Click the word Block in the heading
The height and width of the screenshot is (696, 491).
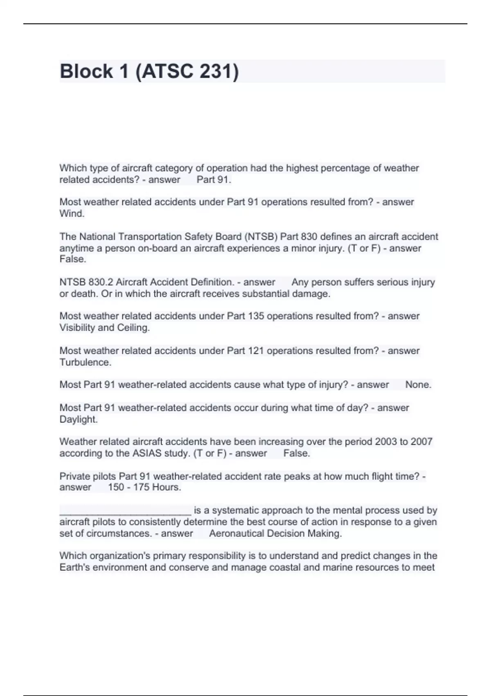click(86, 71)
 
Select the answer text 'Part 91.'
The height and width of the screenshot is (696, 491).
click(214, 180)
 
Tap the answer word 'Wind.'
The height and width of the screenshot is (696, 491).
click(72, 214)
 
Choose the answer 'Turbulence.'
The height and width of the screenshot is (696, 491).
click(86, 362)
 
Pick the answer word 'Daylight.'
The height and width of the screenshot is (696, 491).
click(79, 419)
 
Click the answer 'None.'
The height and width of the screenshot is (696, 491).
click(418, 385)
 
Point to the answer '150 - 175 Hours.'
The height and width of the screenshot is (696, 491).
click(144, 487)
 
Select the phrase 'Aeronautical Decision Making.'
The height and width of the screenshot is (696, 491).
click(275, 533)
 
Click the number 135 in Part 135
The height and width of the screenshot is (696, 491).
click(256, 316)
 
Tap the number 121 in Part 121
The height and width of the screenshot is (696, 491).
click(256, 351)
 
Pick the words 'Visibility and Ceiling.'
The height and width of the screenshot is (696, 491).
click(105, 328)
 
